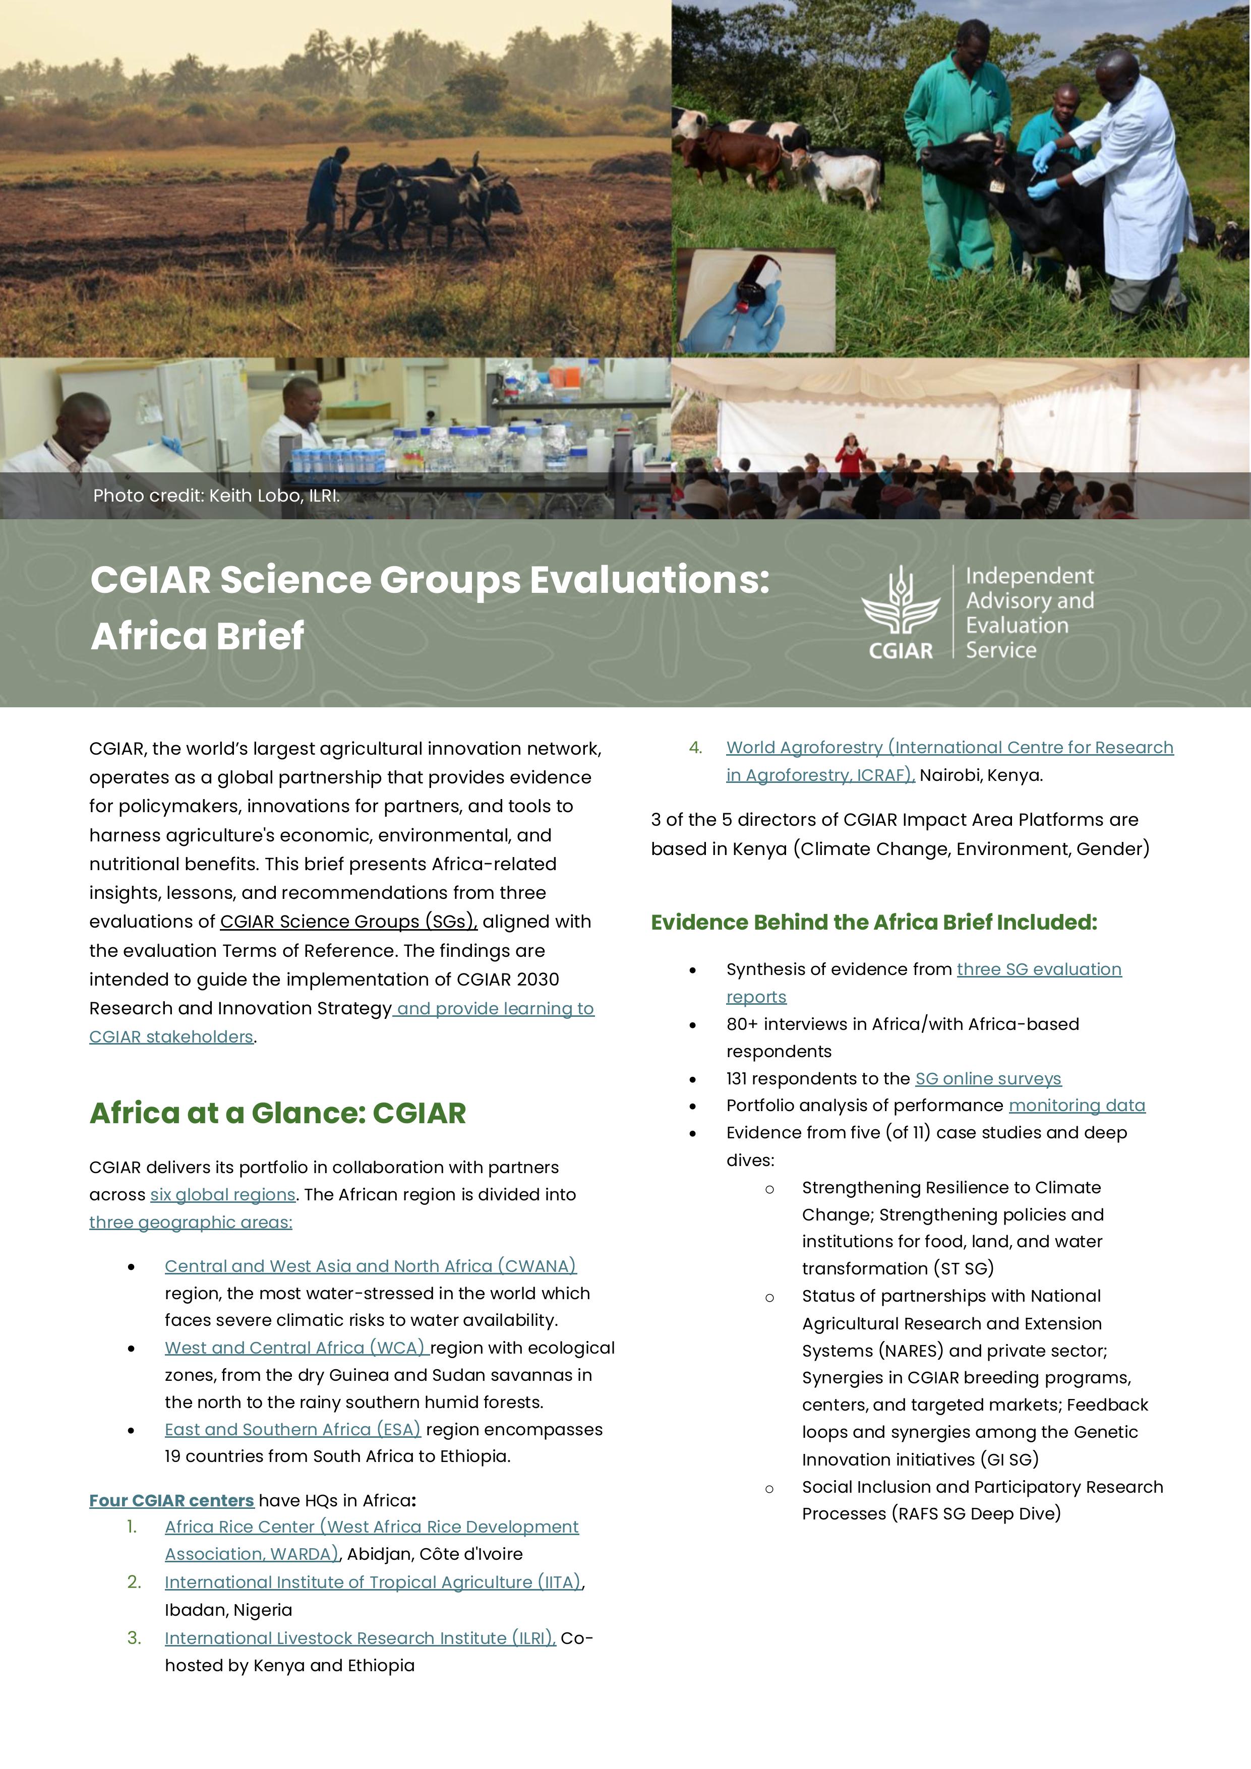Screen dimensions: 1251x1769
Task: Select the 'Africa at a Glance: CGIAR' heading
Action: [277, 1113]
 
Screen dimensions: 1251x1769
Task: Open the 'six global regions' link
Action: [223, 1194]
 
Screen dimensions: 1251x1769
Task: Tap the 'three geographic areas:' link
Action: [191, 1222]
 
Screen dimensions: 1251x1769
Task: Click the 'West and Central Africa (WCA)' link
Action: [295, 1348]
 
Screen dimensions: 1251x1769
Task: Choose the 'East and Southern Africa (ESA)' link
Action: [292, 1429]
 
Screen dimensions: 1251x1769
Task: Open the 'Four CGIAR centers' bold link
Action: [171, 1500]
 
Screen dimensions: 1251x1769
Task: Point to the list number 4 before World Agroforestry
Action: [695, 747]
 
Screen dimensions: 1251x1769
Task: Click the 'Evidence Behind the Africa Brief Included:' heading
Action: [873, 922]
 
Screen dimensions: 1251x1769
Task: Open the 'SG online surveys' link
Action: [988, 1079]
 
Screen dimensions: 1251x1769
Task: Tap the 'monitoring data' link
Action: [1077, 1106]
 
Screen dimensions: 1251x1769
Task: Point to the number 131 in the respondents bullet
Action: [736, 1079]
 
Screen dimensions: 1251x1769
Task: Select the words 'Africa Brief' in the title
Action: [197, 636]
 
